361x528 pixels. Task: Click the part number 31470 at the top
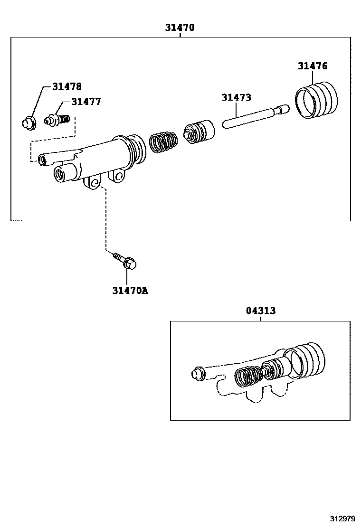(x=180, y=28)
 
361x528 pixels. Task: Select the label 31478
(x=67, y=86)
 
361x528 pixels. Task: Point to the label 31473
(x=236, y=97)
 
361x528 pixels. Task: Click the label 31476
(x=313, y=66)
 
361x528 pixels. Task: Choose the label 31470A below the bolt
(x=130, y=290)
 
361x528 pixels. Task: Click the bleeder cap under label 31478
(x=29, y=122)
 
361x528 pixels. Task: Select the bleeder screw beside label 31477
(x=56, y=120)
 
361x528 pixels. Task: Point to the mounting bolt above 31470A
(x=125, y=261)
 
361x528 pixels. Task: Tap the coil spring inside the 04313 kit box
(x=248, y=377)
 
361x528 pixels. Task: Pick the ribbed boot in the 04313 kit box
(x=306, y=360)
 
